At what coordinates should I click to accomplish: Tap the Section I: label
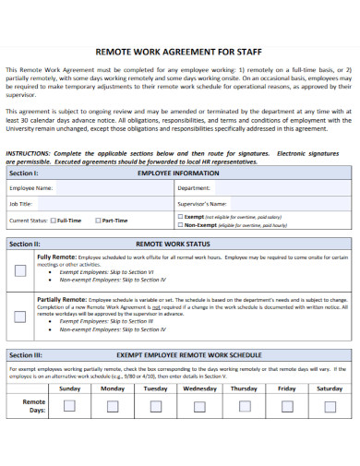(x=24, y=173)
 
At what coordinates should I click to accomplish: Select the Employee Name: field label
(x=31, y=187)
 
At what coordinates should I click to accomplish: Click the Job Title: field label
(x=21, y=203)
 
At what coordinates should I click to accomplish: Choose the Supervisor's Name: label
(x=202, y=203)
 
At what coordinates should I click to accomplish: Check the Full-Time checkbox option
(x=54, y=221)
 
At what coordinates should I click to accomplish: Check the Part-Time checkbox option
(x=98, y=221)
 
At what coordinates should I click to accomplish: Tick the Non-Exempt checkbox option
(x=179, y=224)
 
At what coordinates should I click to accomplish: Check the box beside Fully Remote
(x=20, y=270)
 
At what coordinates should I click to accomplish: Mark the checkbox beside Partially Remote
(x=20, y=316)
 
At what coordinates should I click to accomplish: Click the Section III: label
(x=26, y=354)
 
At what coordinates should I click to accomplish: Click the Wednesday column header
(x=199, y=389)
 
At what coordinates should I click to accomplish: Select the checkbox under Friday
(x=287, y=406)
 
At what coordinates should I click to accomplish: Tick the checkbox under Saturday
(x=330, y=406)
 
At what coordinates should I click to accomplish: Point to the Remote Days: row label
(x=33, y=406)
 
